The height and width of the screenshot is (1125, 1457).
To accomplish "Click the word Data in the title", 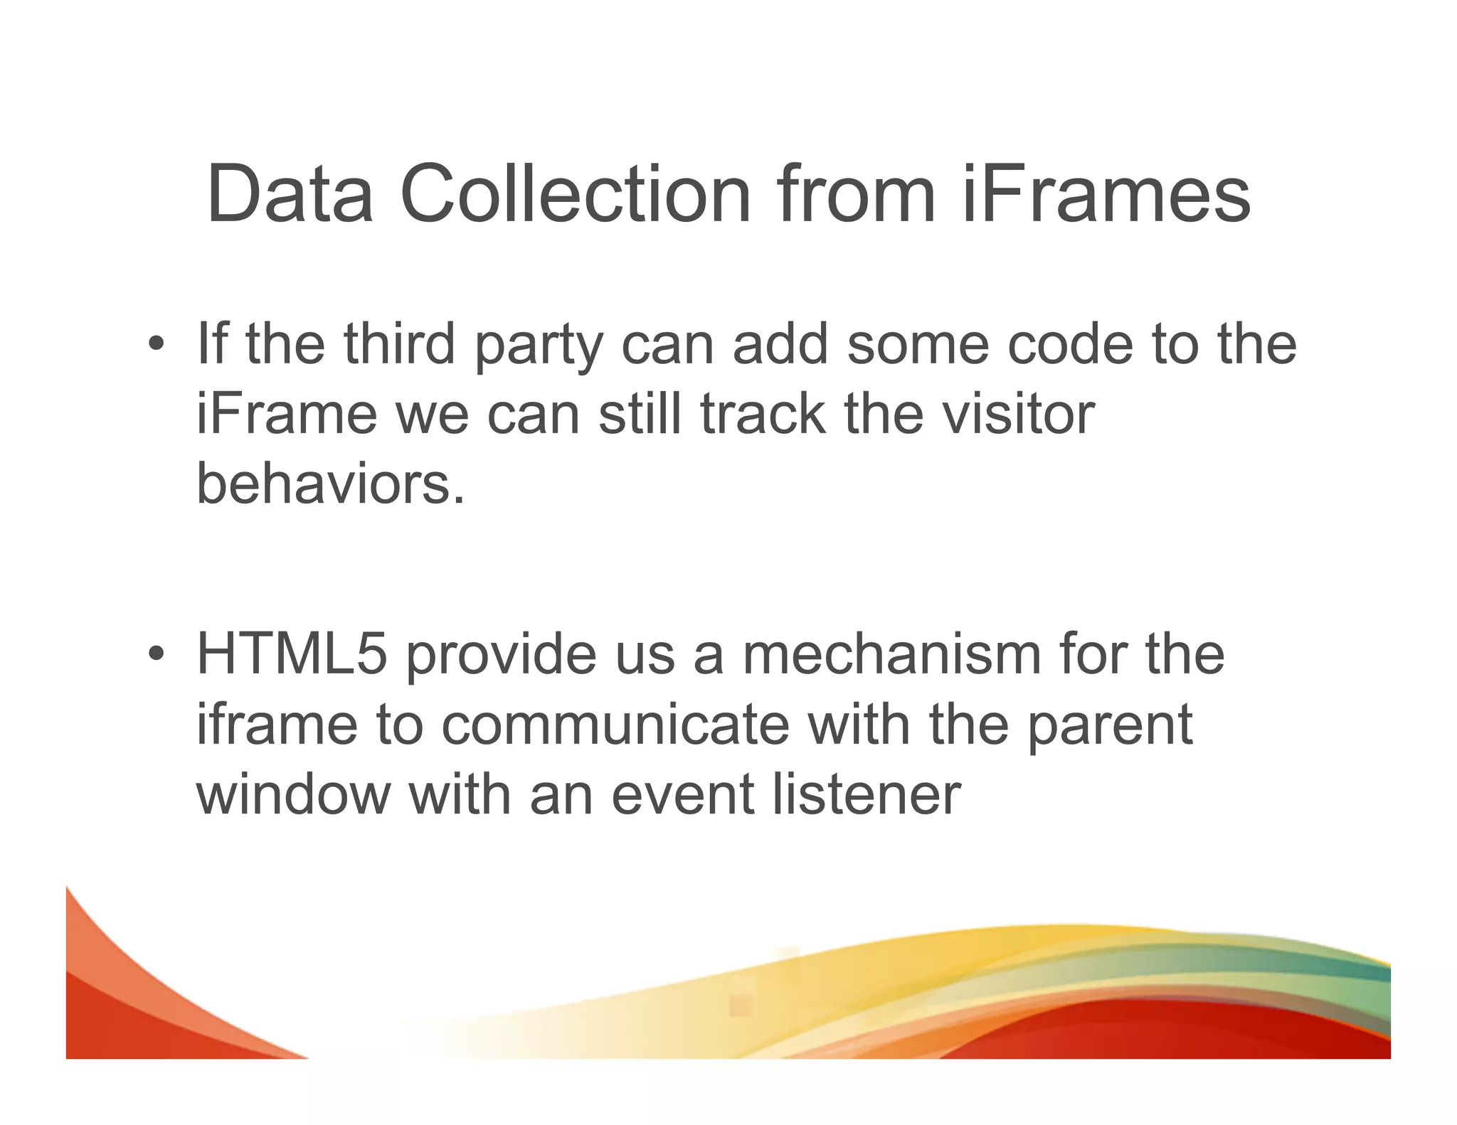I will point(290,193).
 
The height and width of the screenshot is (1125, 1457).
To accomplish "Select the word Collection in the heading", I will point(575,193).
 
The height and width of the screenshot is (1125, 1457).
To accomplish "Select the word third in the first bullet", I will point(398,344).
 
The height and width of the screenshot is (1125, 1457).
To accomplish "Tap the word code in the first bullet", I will point(1071,344).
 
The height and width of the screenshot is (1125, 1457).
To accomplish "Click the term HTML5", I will point(292,654).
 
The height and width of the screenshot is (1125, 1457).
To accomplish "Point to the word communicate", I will point(615,725).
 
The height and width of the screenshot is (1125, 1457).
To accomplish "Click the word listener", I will point(867,794).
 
